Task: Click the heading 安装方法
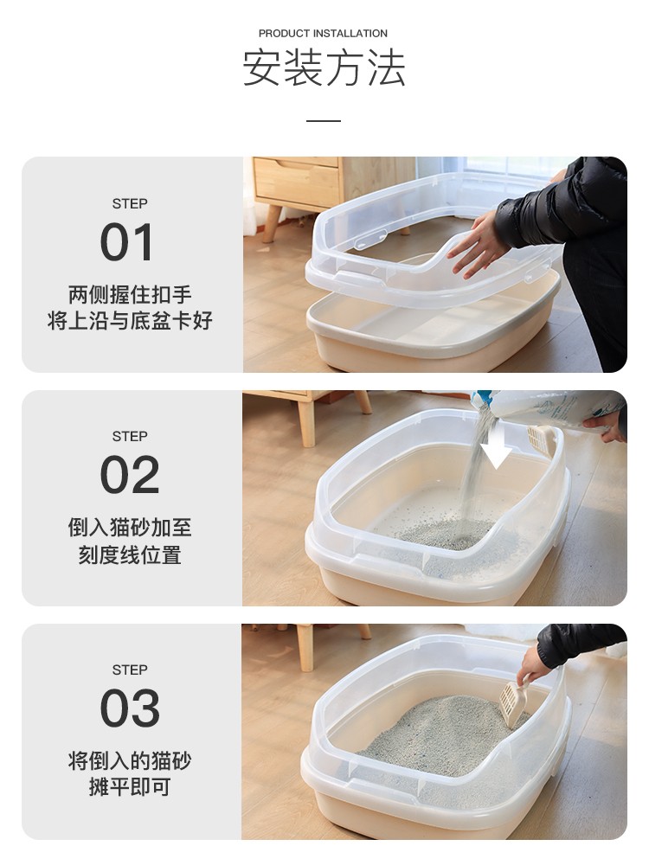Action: tap(324, 67)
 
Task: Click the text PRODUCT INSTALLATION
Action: tap(323, 34)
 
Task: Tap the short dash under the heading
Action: tap(324, 120)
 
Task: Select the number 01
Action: tap(127, 242)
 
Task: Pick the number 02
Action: tap(130, 474)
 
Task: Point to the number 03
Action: tap(130, 708)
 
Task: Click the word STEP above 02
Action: tap(130, 436)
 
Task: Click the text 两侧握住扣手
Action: tap(130, 295)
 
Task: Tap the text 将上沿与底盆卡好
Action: tap(130, 320)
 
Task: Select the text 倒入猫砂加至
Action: tap(130, 527)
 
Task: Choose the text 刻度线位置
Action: tap(130, 554)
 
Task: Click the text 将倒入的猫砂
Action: tap(130, 760)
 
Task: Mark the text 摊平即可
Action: tap(130, 786)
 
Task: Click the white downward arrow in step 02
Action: tap(496, 446)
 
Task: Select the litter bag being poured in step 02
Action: tap(546, 407)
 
